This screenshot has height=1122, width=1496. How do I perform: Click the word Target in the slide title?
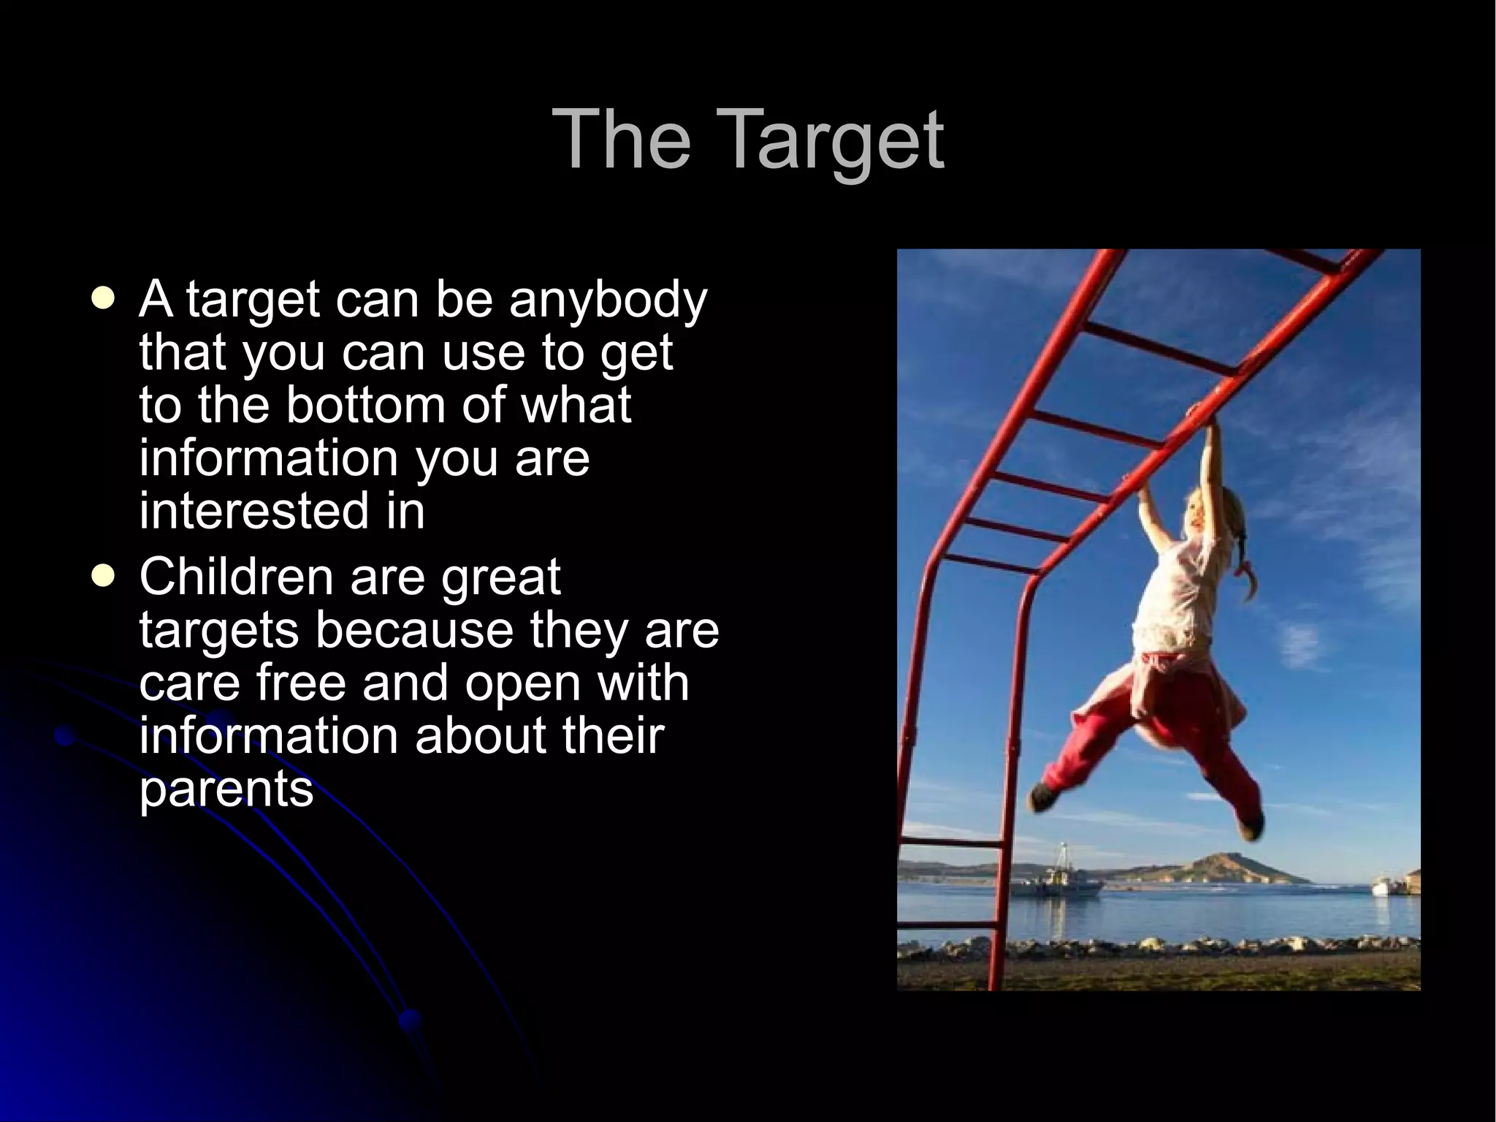tap(833, 140)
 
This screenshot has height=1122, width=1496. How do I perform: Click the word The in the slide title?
tap(622, 139)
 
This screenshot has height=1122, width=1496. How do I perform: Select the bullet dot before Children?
tap(104, 577)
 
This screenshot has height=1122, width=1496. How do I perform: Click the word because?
tap(414, 630)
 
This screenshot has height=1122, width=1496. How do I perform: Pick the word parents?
tap(226, 789)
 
